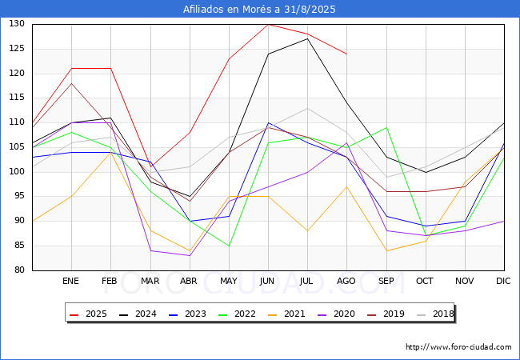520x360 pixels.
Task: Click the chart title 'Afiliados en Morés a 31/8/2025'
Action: [x=259, y=10]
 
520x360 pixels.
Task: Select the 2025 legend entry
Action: [x=88, y=314]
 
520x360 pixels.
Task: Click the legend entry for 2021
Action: [x=286, y=314]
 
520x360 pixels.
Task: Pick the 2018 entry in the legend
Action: [x=435, y=314]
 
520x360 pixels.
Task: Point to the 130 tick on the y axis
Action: [x=17, y=23]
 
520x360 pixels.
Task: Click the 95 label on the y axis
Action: [x=19, y=196]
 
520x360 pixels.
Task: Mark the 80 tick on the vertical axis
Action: [x=19, y=270]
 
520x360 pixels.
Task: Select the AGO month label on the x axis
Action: [x=346, y=281]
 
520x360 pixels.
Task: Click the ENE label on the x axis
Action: [x=70, y=281]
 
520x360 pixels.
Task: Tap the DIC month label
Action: [x=503, y=281]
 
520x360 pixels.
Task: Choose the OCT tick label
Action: [x=425, y=281]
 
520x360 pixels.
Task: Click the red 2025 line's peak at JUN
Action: [x=268, y=24]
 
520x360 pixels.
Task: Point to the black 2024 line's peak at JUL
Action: [x=307, y=38]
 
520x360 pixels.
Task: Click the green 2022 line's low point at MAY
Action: [x=229, y=246]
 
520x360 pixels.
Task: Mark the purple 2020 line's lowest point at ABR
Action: [x=190, y=255]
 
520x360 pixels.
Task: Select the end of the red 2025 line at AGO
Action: [x=347, y=54]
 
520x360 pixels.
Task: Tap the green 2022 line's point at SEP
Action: [x=386, y=128]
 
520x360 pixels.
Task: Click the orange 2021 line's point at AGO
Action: [x=347, y=186]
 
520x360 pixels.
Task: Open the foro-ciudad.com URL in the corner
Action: [x=458, y=347]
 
